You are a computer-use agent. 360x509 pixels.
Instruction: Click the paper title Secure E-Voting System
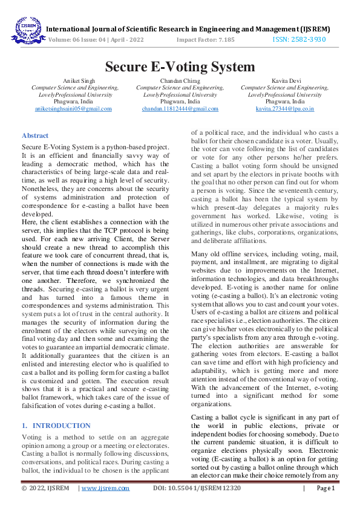point(180,66)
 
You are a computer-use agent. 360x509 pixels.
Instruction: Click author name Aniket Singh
point(74,80)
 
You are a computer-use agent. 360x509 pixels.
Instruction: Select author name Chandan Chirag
point(180,80)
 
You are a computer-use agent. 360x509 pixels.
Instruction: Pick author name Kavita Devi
point(284,80)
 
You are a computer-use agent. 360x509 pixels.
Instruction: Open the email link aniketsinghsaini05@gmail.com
point(73,109)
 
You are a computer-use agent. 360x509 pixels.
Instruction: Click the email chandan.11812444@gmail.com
point(180,109)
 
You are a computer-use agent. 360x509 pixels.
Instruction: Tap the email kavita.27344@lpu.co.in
point(284,109)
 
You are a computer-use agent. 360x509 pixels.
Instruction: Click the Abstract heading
point(35,136)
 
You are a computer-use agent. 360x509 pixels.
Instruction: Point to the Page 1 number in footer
point(325,488)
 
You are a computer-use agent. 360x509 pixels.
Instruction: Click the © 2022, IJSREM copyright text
point(45,488)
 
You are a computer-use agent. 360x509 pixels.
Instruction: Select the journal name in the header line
point(188,28)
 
